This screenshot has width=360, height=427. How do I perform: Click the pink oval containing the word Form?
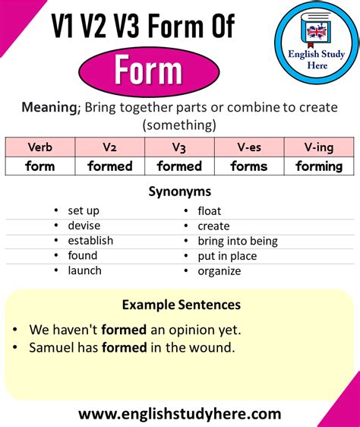tap(149, 71)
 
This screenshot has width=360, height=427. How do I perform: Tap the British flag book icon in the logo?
tap(316, 30)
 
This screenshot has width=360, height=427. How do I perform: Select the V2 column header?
tap(109, 147)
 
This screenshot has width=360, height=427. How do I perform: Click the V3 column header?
tap(179, 147)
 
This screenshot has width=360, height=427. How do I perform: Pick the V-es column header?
tap(249, 147)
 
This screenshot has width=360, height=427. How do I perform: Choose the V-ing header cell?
tap(319, 147)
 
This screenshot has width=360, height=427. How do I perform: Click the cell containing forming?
tap(319, 166)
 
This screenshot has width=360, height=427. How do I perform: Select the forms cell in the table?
tap(249, 166)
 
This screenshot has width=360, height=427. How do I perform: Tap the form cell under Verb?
tap(40, 166)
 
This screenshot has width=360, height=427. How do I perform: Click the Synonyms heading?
tap(180, 191)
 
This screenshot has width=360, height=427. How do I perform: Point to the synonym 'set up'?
tap(84, 210)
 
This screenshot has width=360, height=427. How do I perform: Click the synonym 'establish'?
tap(90, 240)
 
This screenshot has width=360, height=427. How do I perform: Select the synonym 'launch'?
tap(85, 270)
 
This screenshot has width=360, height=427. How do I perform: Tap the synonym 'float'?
tap(210, 211)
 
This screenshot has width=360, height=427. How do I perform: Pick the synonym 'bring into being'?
tap(238, 242)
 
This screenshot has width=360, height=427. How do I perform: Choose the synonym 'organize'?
tap(219, 271)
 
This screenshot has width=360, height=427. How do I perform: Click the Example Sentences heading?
tap(182, 305)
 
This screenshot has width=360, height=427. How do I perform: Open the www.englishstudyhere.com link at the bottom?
tap(180, 414)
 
